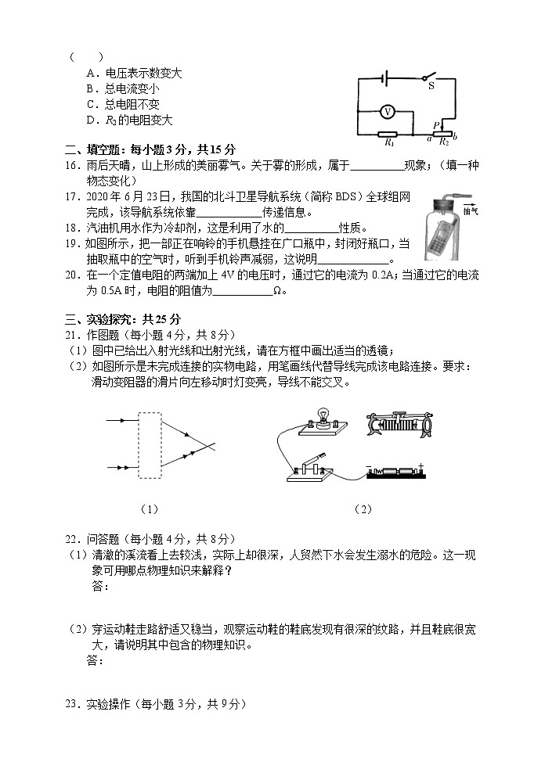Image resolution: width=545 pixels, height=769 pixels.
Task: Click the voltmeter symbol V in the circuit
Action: tap(386, 112)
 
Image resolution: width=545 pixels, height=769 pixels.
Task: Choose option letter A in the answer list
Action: tap(91, 73)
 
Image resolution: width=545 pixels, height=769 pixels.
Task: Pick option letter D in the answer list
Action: tap(91, 120)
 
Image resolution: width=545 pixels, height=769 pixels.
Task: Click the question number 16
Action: tap(71, 165)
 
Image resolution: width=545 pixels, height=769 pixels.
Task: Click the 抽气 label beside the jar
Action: tap(470, 211)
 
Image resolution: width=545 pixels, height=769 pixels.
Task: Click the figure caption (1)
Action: tap(149, 509)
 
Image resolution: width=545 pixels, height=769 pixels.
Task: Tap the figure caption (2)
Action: tap(363, 509)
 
